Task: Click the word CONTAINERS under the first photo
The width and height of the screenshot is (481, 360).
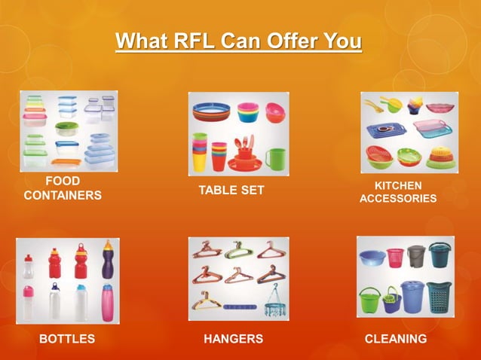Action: [63, 196]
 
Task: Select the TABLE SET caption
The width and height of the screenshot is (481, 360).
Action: [231, 191]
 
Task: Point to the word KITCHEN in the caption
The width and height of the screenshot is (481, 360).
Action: [398, 185]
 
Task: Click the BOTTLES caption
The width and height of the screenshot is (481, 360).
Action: [67, 339]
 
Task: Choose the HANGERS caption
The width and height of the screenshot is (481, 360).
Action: [234, 339]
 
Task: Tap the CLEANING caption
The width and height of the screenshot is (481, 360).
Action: [396, 339]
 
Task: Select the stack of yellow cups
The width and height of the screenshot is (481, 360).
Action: [200, 153]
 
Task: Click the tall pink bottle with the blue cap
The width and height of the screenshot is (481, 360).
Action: [108, 304]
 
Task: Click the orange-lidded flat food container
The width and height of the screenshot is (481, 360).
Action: [65, 161]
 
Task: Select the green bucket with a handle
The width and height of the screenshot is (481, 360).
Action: [369, 301]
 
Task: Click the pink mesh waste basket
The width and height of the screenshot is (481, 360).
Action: [395, 258]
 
